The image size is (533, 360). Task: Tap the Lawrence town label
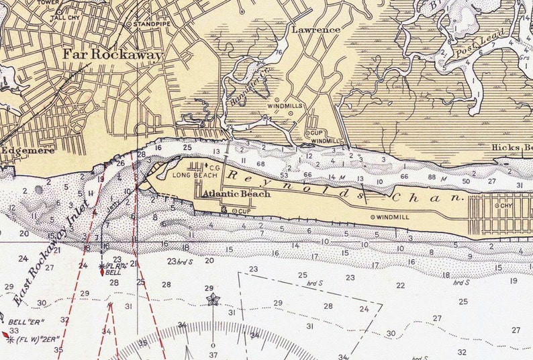(316, 30)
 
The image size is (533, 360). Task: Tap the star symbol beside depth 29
(213, 299)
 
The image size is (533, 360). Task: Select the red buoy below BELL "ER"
(5, 334)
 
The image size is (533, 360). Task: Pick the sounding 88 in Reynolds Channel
(432, 177)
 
